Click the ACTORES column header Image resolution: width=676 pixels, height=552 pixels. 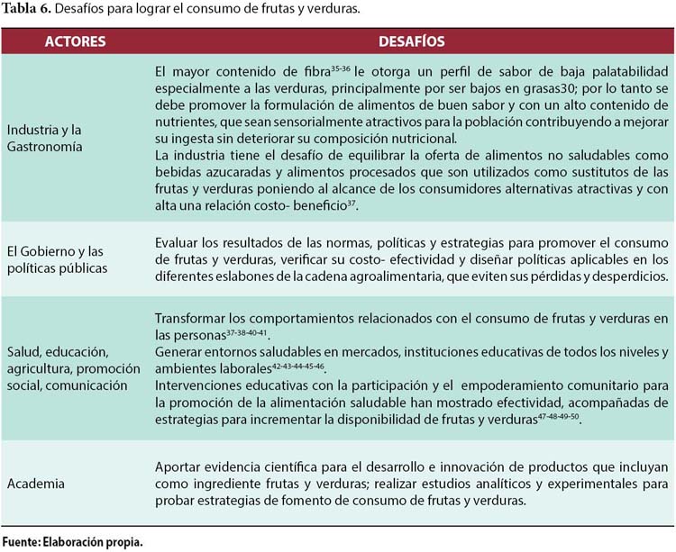[x=74, y=41]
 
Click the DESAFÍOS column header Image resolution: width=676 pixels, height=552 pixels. [x=412, y=41]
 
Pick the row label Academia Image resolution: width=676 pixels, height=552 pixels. [x=38, y=484]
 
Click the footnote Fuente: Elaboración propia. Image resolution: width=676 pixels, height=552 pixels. [x=72, y=541]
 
